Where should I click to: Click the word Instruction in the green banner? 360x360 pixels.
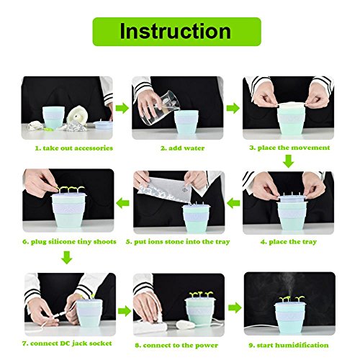pyautogui.click(x=176, y=32)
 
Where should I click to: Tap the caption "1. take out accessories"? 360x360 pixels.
pyautogui.click(x=74, y=148)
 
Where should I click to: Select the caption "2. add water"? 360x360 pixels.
pyautogui.click(x=182, y=148)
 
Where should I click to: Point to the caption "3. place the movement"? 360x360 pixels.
pyautogui.click(x=289, y=148)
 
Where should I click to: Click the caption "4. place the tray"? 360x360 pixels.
pyautogui.click(x=289, y=242)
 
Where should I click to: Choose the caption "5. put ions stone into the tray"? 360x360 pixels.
pyautogui.click(x=178, y=242)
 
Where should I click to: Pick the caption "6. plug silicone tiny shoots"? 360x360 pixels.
pyautogui.click(x=69, y=242)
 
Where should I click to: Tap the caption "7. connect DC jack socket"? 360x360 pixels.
pyautogui.click(x=67, y=343)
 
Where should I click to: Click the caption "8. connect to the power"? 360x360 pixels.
pyautogui.click(x=176, y=346)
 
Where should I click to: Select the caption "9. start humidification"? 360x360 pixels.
pyautogui.click(x=289, y=345)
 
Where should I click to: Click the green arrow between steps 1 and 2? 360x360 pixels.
pyautogui.click(x=122, y=108)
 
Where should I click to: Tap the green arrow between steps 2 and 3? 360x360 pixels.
pyautogui.click(x=233, y=108)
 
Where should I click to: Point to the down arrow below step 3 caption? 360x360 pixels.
pyautogui.click(x=288, y=161)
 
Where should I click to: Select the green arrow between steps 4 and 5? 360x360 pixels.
pyautogui.click(x=233, y=204)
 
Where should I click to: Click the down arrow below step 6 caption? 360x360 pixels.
pyautogui.click(x=66, y=258)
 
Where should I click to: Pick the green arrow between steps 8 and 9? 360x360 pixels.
pyautogui.click(x=235, y=307)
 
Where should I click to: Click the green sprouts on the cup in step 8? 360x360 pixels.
pyautogui.click(x=201, y=294)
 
